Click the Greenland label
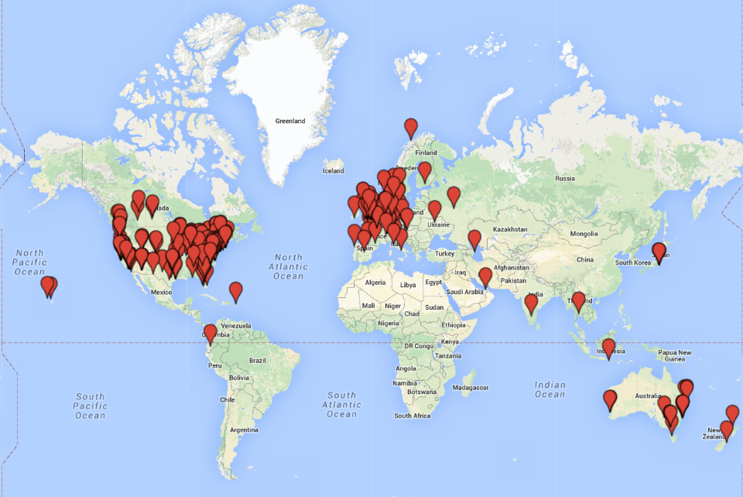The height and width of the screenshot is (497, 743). point(290,121)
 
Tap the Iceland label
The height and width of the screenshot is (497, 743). point(333,170)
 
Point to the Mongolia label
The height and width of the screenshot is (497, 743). point(584,234)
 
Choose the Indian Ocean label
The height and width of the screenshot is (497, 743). point(550,389)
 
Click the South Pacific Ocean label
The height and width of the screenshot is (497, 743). point(90,406)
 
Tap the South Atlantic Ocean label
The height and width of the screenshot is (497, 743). point(341,405)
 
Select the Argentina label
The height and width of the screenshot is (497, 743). point(243,429)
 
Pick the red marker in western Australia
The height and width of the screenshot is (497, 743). point(610,399)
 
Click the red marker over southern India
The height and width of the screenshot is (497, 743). point(531,303)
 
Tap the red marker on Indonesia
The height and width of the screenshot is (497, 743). point(608,348)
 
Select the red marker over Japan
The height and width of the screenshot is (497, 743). point(659,251)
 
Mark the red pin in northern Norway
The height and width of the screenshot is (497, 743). point(411,128)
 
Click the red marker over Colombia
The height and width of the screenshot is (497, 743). point(210,334)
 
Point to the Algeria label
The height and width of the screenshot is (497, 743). point(375,283)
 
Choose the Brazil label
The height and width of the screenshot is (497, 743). point(257,360)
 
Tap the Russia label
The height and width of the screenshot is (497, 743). point(564,178)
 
